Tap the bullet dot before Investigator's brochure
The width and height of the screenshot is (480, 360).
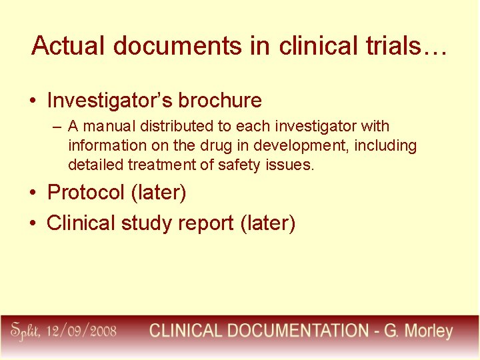click(33, 101)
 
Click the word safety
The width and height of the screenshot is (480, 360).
click(237, 165)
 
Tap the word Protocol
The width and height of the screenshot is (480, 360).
click(86, 193)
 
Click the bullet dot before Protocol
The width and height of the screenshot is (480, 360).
click(33, 193)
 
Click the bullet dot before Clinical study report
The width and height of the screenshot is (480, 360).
click(33, 223)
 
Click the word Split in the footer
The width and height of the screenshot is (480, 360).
click(27, 331)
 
